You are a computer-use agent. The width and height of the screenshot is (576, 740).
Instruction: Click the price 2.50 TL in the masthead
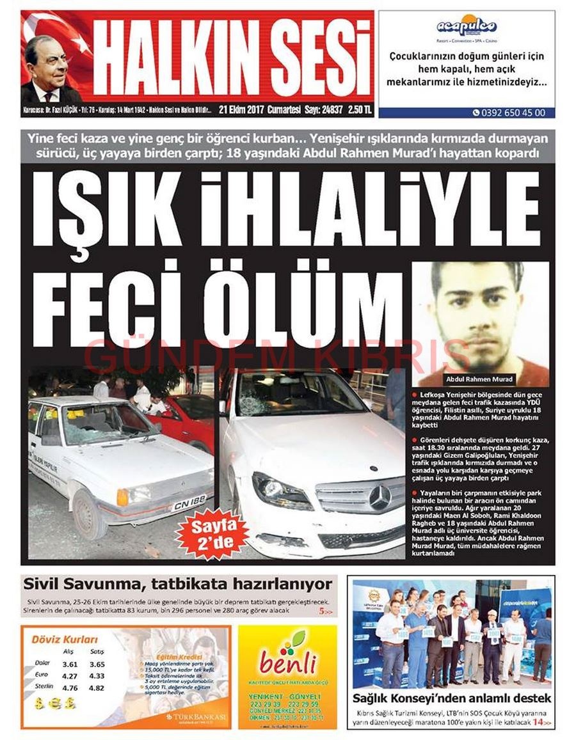(360, 109)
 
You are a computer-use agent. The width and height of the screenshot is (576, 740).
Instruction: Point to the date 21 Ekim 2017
(241, 109)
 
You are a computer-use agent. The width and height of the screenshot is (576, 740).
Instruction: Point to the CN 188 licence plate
(189, 502)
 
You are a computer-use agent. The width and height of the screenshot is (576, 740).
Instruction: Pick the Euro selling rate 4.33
(97, 676)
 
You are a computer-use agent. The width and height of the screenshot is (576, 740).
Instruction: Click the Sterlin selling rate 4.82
(97, 688)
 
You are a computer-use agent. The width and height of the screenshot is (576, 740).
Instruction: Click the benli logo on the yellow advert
(288, 660)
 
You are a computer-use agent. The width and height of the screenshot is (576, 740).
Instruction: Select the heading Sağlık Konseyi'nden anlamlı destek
(451, 698)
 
